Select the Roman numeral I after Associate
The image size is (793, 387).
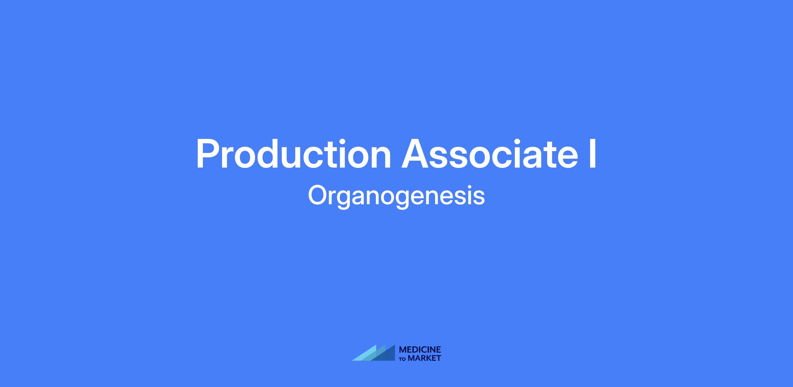tap(593, 154)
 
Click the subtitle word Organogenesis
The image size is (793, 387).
tap(396, 197)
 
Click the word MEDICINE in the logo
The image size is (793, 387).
tap(420, 350)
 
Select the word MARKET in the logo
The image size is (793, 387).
tap(424, 358)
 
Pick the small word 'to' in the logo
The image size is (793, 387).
tap(402, 359)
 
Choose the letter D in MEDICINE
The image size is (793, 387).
tap(416, 350)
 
